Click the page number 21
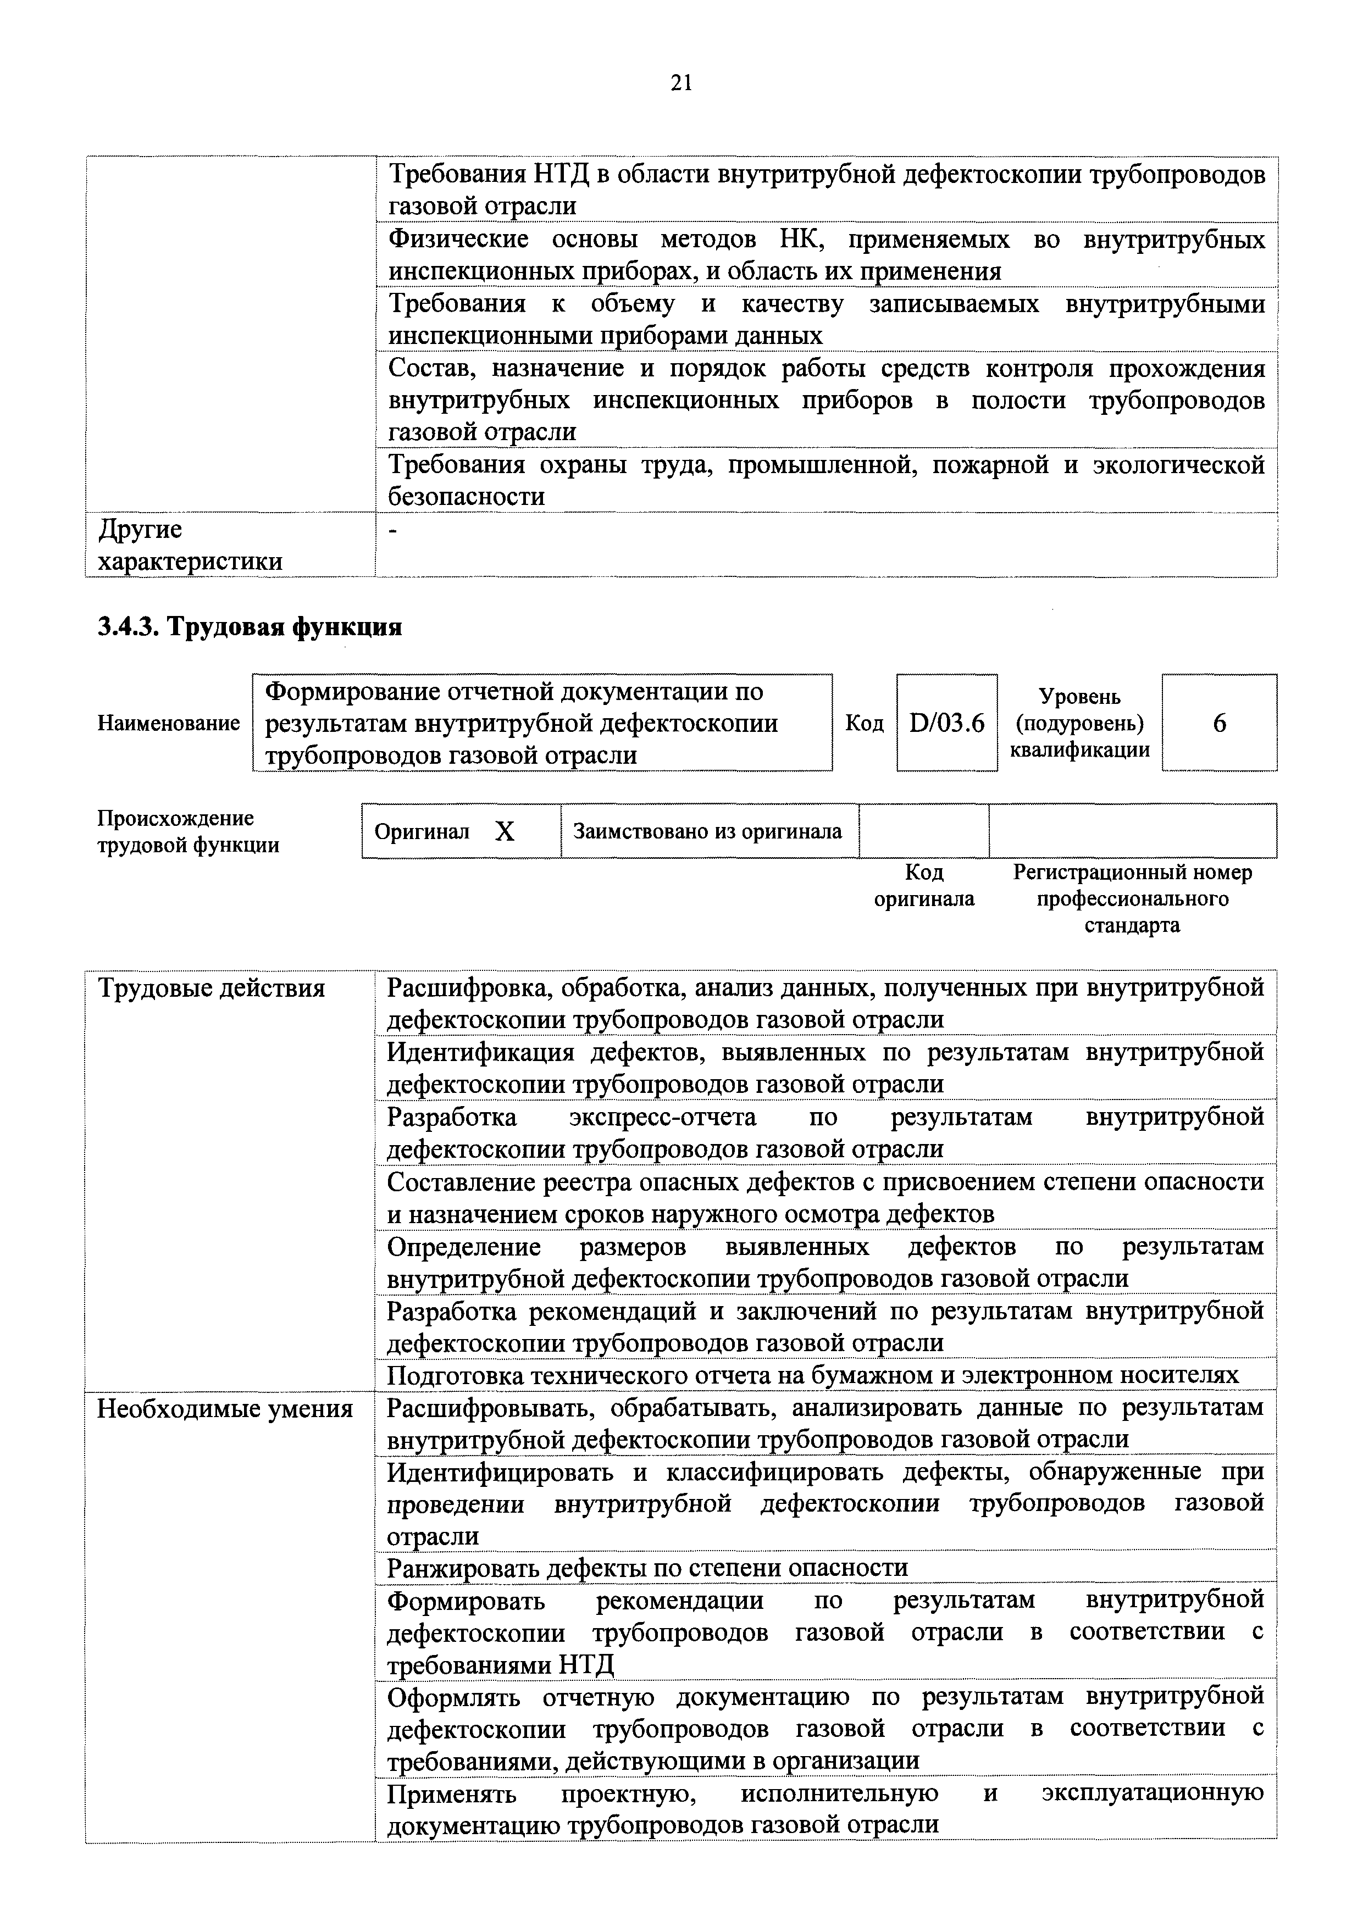point(680,82)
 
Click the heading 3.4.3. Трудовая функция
point(250,626)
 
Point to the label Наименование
point(169,723)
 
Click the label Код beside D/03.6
point(863,723)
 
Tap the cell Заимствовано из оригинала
point(707,831)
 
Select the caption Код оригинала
point(923,885)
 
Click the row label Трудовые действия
point(212,989)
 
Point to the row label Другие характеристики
point(190,545)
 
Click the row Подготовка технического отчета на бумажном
point(812,1375)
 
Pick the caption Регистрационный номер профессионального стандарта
point(1132,899)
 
